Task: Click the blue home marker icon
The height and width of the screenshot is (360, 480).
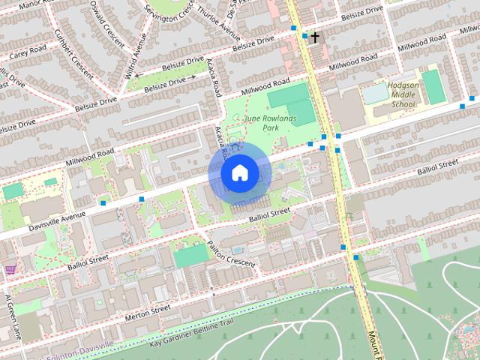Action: click(239, 173)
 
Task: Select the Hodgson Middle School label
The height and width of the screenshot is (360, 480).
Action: click(404, 95)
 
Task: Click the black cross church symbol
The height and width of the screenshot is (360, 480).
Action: click(316, 37)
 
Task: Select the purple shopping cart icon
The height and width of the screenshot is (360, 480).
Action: click(10, 269)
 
